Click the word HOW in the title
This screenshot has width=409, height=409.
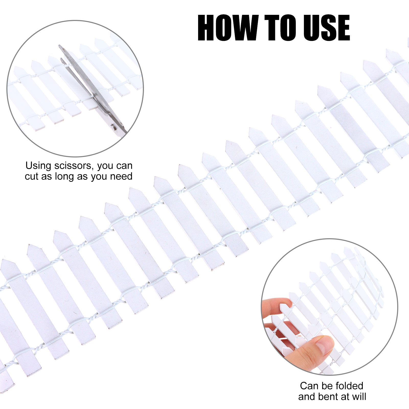(x=228, y=28)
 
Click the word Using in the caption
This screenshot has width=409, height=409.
(x=38, y=166)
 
